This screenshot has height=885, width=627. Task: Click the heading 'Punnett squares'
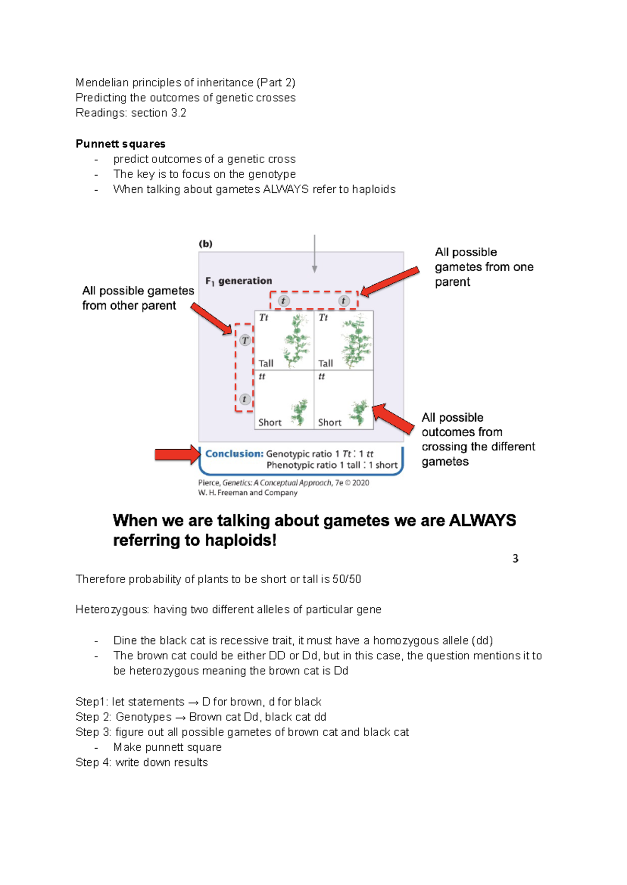tap(120, 144)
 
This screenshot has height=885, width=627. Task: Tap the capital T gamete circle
tap(245, 341)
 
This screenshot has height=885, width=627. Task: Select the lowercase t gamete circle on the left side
tap(244, 399)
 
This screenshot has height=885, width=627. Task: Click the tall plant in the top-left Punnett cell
tap(296, 341)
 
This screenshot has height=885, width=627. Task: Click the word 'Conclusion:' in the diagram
tap(234, 453)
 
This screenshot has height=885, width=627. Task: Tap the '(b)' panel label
tap(206, 243)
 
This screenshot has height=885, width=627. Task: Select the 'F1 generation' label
tap(239, 281)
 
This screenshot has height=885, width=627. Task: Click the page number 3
tap(515, 558)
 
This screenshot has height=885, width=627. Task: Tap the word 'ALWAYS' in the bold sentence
tap(482, 520)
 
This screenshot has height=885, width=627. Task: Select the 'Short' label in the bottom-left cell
tap(270, 422)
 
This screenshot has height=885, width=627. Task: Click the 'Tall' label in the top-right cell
tap(326, 363)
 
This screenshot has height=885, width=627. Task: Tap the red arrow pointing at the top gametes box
tap(390, 282)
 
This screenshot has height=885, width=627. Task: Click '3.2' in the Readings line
tap(178, 113)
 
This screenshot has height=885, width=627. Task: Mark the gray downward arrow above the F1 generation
tap(315, 254)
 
